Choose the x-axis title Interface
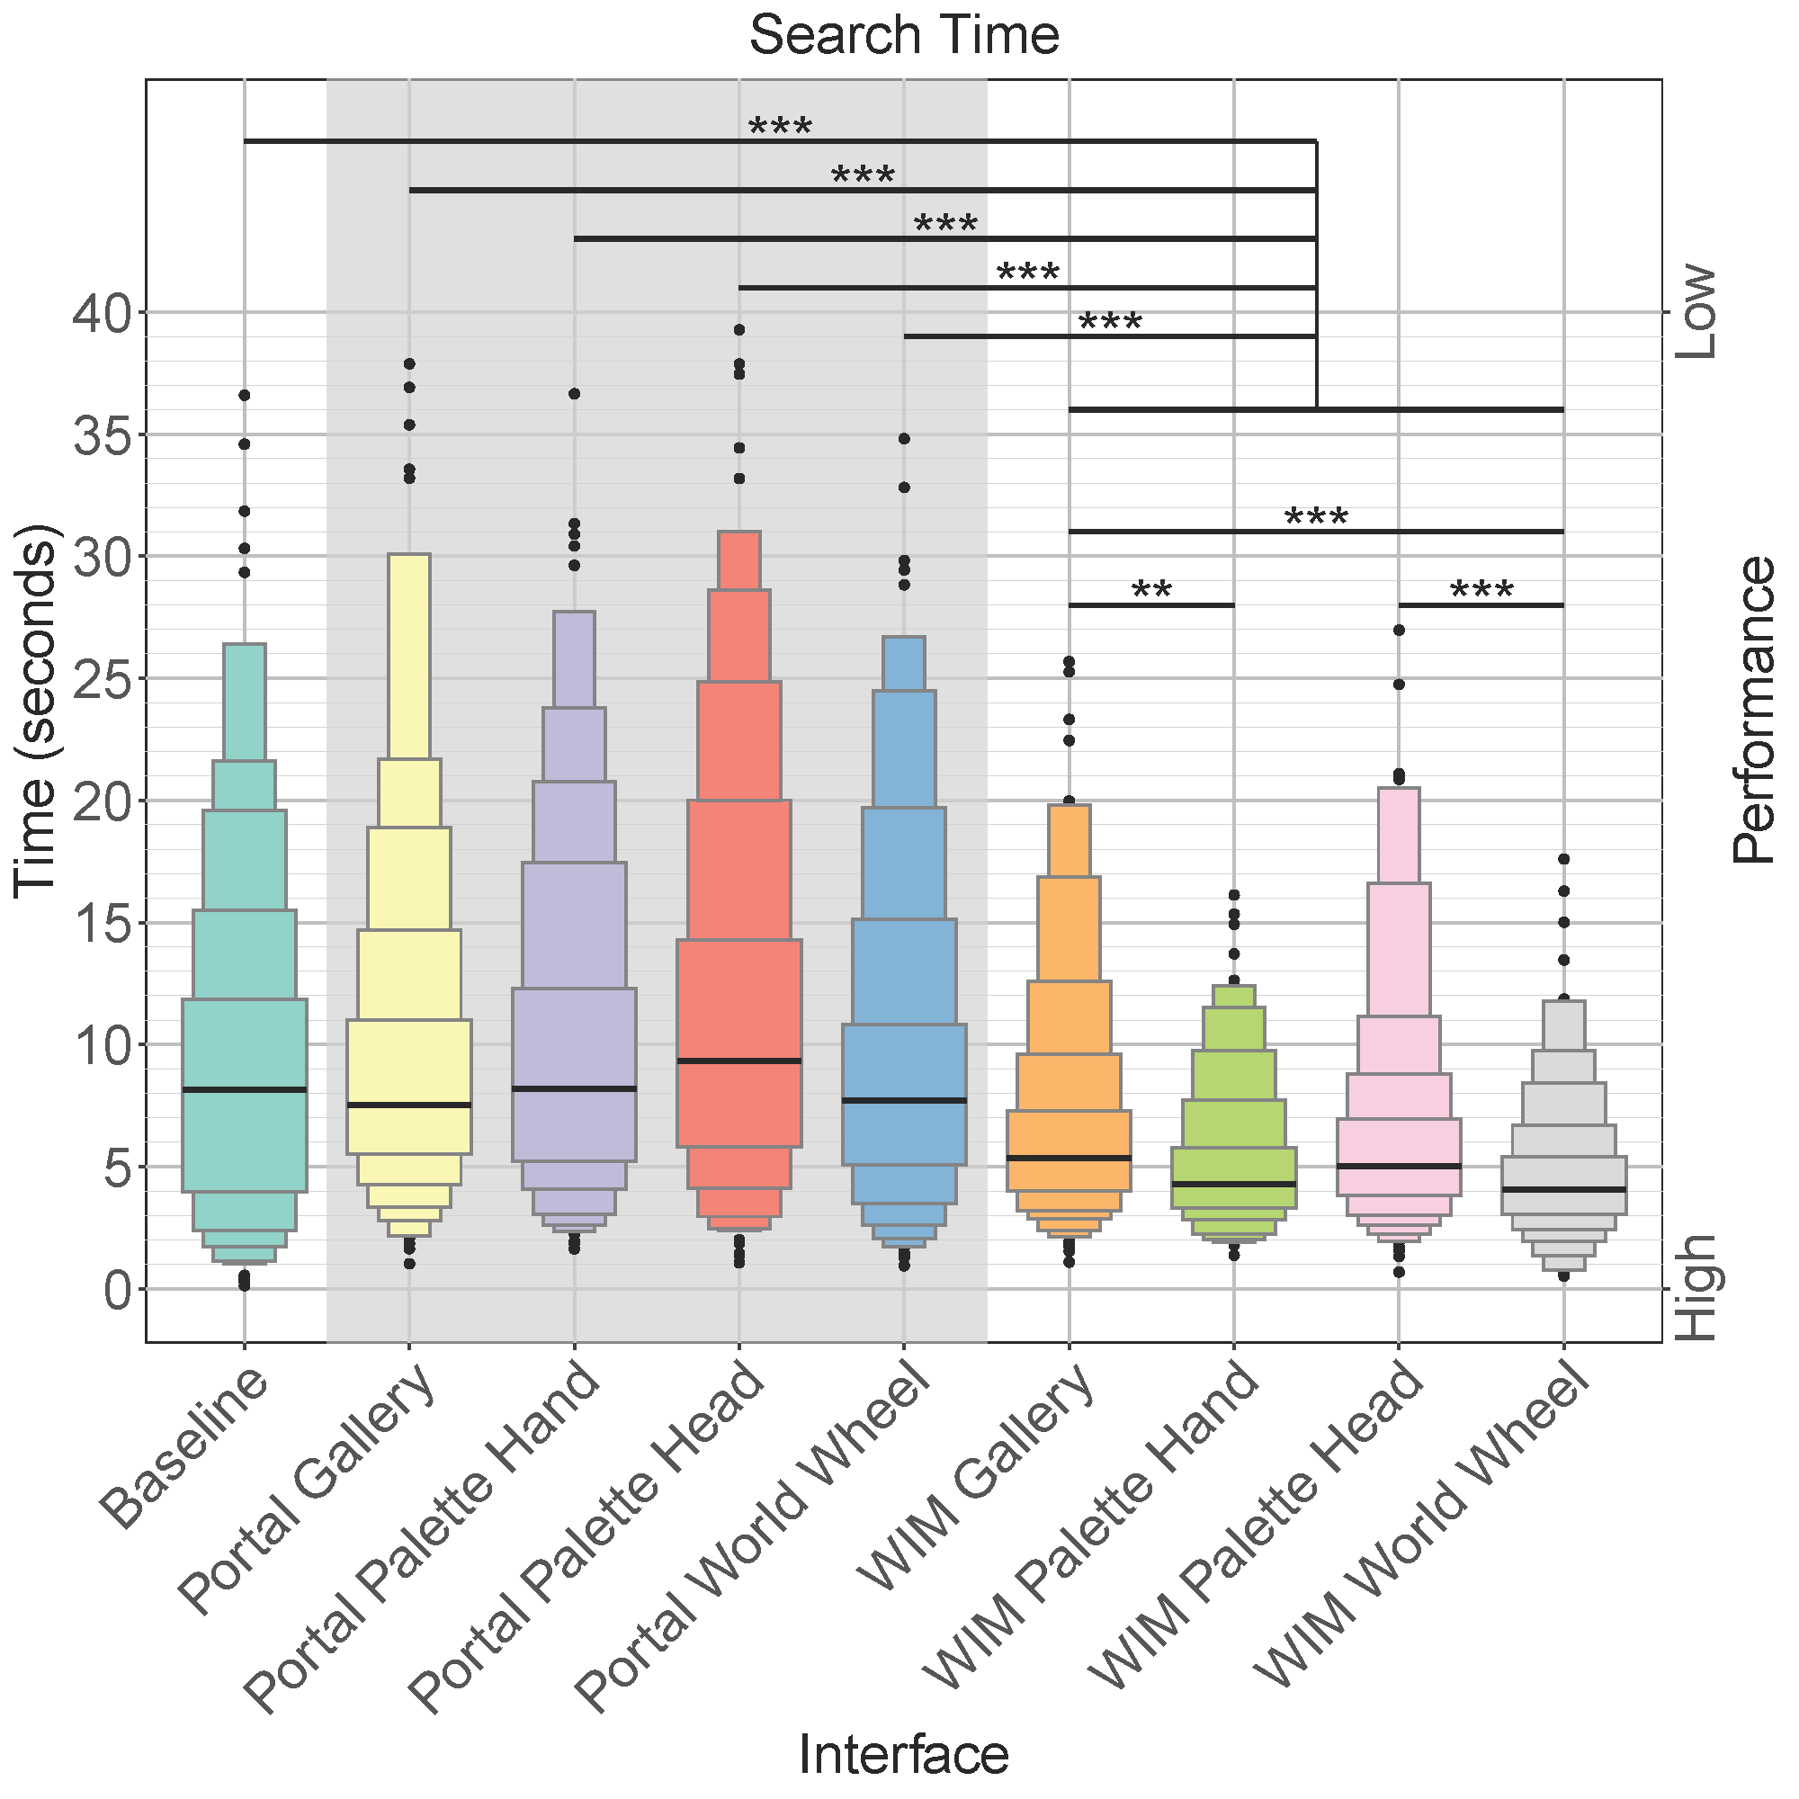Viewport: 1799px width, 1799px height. tap(903, 1755)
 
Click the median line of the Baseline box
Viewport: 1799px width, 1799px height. tap(245, 1088)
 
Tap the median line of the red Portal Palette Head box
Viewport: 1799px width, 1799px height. tap(739, 1061)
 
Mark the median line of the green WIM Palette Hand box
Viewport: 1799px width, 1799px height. tap(1234, 1184)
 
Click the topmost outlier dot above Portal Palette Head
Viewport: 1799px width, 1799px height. tap(739, 329)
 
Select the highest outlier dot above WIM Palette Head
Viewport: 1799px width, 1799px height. tap(1399, 631)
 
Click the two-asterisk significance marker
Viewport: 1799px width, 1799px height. tap(1152, 590)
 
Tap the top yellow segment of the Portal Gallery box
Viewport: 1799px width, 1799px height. tap(409, 657)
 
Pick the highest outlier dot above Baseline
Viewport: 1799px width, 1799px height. tap(245, 396)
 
